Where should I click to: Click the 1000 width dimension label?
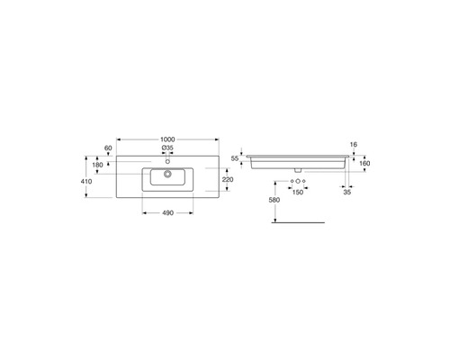tap(167, 139)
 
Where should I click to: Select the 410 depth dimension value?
tap(86, 181)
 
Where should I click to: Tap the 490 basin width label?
tap(167, 213)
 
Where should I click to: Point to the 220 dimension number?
tap(228, 180)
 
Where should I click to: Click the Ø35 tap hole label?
tap(167, 148)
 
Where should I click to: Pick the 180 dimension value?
tap(97, 165)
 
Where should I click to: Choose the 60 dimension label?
tap(108, 148)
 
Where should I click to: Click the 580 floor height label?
tap(274, 200)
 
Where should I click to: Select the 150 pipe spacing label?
tap(298, 193)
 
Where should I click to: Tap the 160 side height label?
tap(364, 164)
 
